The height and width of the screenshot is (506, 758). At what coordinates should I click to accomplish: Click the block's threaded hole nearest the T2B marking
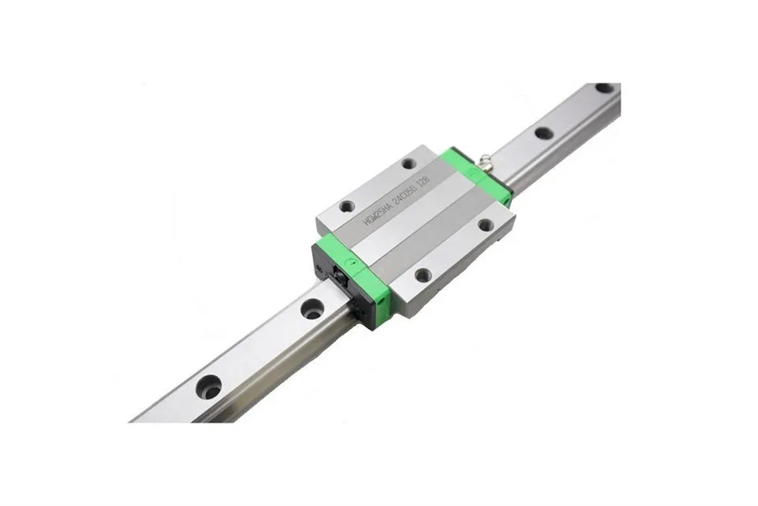pos(408,164)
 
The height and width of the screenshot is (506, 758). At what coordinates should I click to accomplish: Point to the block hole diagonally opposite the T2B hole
pos(424,275)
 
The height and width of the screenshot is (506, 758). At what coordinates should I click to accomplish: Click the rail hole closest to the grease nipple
pos(544,133)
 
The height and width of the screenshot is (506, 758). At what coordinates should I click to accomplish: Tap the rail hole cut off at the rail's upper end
pos(605,88)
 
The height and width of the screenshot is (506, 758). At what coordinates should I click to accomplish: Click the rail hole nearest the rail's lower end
pos(209,387)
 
